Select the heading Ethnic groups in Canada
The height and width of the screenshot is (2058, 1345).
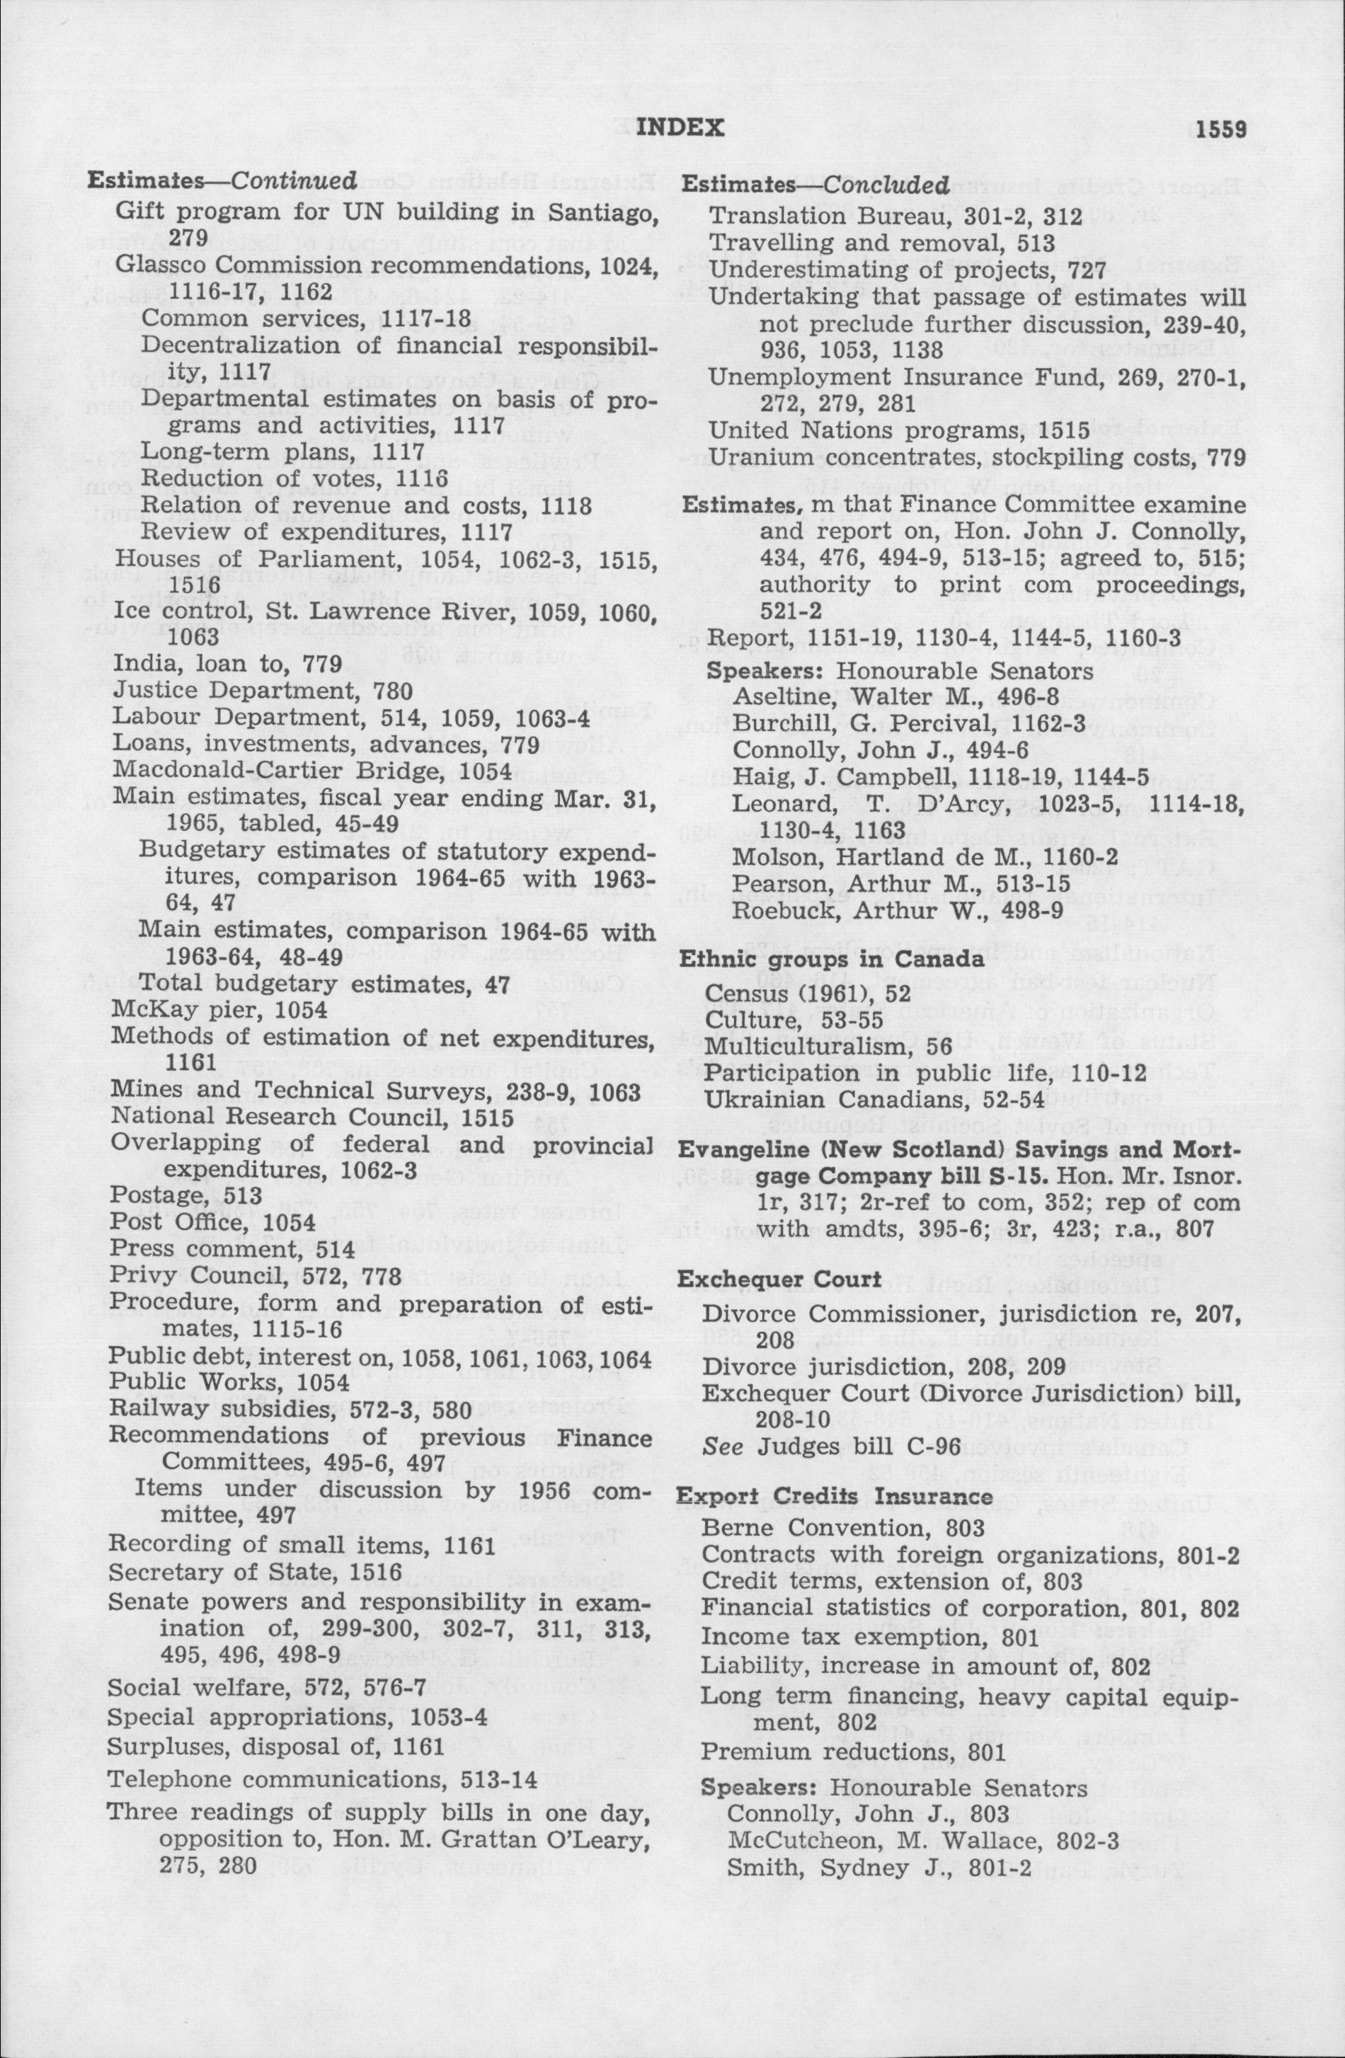pos(832,959)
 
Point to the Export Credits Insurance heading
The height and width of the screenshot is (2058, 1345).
pos(835,1497)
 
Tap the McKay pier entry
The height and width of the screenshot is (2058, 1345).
pos(219,1010)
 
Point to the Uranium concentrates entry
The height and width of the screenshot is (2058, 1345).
pos(976,456)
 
